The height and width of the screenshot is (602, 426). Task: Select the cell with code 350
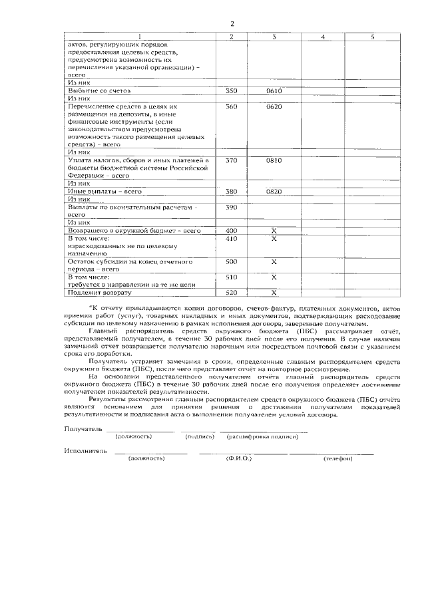tap(232, 90)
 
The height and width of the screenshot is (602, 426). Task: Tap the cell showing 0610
tap(274, 90)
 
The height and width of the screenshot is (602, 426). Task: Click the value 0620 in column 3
tap(274, 106)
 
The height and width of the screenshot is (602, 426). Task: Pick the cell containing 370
tap(232, 160)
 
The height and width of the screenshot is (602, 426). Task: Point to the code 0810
tap(274, 160)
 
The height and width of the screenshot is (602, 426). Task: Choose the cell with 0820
tap(274, 192)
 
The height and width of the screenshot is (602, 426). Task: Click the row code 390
tap(232, 208)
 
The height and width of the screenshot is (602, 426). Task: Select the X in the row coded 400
tap(274, 230)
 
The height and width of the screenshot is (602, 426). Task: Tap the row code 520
tap(232, 292)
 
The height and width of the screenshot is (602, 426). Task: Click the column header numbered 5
tap(372, 36)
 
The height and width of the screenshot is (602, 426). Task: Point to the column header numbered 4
tap(322, 36)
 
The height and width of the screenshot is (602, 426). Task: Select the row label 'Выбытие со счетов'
tap(99, 90)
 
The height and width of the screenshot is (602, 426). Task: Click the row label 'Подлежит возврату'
tap(100, 292)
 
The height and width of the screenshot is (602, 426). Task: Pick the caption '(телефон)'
tap(337, 458)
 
